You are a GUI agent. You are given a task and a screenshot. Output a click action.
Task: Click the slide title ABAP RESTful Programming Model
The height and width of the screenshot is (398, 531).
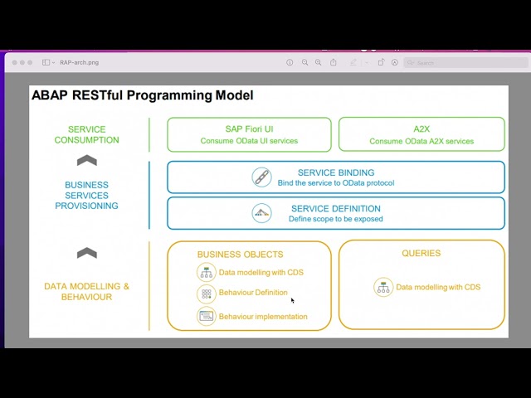coord(142,95)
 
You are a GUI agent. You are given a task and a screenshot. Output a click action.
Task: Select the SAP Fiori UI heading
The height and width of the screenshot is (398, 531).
coord(249,129)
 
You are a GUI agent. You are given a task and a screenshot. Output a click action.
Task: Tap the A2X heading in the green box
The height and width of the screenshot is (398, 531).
coord(421,129)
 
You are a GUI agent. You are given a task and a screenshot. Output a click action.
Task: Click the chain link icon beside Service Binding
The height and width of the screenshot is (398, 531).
coord(261,177)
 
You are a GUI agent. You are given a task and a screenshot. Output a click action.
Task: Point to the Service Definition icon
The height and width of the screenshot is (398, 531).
coord(261,213)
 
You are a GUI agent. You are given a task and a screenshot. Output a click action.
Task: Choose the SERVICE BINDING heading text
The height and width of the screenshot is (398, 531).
coord(336,172)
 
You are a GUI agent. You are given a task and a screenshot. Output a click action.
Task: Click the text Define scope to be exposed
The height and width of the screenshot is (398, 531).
coord(335,219)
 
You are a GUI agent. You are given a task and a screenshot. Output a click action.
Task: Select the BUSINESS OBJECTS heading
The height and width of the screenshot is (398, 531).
coord(240,255)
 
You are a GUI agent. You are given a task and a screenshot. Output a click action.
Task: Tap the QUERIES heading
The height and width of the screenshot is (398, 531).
coord(421,253)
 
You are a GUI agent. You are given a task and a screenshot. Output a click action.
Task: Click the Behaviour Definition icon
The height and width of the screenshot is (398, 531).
coord(207,294)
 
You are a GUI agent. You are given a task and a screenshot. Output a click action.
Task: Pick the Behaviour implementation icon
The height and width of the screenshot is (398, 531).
coord(207,317)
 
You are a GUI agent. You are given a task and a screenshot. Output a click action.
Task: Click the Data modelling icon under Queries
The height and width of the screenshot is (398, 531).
coord(383,287)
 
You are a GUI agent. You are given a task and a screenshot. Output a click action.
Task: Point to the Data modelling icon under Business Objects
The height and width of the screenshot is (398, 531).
coord(207,273)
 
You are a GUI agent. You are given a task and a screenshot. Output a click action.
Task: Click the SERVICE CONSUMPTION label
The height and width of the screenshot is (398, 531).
coord(86,134)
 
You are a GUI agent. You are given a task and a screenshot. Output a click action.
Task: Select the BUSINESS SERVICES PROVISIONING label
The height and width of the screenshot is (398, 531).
coord(86,196)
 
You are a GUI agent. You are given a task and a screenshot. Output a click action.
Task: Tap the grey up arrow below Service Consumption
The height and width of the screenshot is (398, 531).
coord(87,160)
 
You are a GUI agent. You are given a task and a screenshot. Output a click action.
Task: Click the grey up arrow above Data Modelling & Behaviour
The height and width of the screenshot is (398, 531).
coord(87,253)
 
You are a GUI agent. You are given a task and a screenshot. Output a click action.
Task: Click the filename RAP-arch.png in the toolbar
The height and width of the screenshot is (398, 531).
coord(80,63)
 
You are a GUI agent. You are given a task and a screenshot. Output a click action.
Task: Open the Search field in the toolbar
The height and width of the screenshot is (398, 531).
coord(465,63)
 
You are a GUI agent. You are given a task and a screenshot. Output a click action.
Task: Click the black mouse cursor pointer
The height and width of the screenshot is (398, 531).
coord(293,300)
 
